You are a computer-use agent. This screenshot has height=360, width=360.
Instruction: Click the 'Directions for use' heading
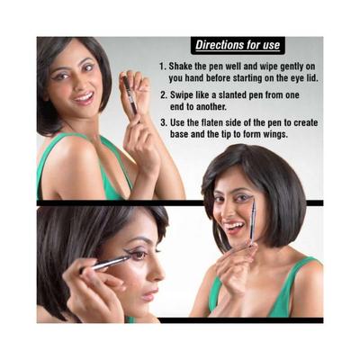pyautogui.click(x=238, y=45)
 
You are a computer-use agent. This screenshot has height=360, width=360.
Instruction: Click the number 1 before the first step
pyautogui.click(x=162, y=67)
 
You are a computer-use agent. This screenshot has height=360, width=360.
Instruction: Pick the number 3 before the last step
pyautogui.click(x=164, y=122)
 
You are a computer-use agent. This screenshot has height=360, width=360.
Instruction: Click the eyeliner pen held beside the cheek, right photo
pyautogui.click(x=253, y=222)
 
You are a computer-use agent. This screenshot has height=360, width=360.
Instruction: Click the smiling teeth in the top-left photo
pyautogui.click(x=84, y=97)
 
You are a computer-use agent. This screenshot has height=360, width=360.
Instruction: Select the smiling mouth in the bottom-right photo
pyautogui.click(x=235, y=227)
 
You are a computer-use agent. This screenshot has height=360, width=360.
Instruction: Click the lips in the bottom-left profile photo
pyautogui.click(x=150, y=295)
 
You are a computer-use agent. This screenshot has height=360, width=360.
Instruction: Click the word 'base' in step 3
pyautogui.click(x=180, y=134)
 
